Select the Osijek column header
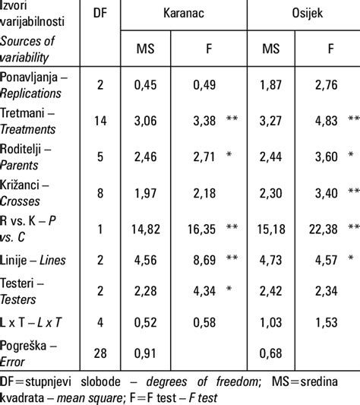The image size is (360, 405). pos(305,14)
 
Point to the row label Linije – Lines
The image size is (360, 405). pos(33,261)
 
